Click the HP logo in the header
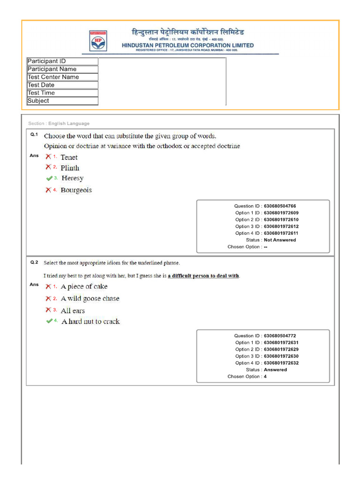coord(98,40)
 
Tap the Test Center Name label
coord(53,77)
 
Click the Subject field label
coord(38,101)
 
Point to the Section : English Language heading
coord(59,123)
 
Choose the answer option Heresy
coord(72,178)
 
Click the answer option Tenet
coord(69,157)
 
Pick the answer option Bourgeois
coord(76,190)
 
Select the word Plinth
coord(70,168)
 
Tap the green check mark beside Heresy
coord(49,178)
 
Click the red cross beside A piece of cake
coord(48,286)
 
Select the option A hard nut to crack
coord(90,321)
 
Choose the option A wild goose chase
coord(90,299)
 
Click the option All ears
coord(73,310)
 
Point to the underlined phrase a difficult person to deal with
coord(203,276)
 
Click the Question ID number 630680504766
coord(280,206)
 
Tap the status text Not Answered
coord(280,240)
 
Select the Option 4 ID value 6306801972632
coord(281,363)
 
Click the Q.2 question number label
coord(34,262)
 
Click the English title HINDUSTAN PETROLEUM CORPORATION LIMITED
coord(187,45)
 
